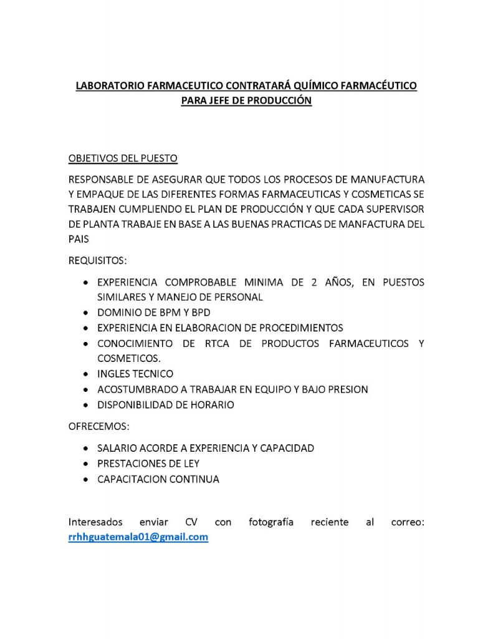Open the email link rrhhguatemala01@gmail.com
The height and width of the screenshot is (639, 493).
coord(138,537)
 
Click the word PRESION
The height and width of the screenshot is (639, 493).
coord(348,389)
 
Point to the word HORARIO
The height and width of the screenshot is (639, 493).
coord(213,405)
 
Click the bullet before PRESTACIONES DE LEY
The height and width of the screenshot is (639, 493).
coord(85,464)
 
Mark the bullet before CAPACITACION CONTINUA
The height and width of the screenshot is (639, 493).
coord(85,480)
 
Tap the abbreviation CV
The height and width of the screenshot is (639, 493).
coord(191,522)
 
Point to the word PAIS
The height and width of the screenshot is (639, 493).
coord(79,238)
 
